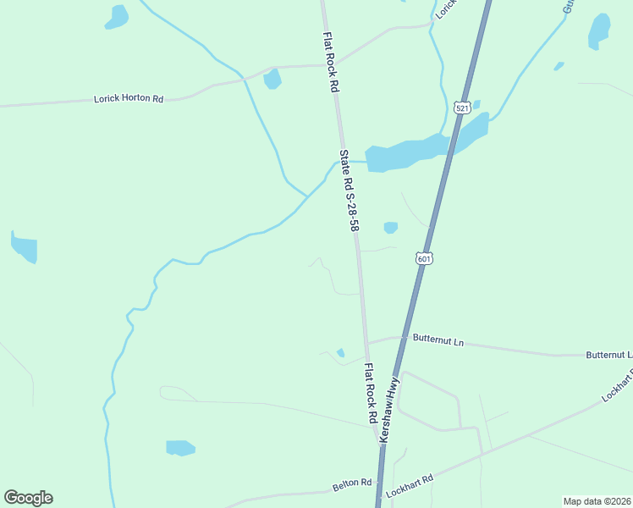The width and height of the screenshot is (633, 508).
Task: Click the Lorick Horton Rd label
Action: point(129,99)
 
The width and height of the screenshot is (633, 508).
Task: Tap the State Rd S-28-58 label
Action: point(349,191)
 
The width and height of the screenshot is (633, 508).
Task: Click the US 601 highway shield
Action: point(425,257)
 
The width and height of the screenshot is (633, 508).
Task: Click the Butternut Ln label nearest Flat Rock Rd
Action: point(438,340)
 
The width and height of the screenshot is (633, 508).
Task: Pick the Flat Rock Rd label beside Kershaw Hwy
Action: point(370,394)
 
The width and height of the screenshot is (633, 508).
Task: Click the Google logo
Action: point(28,498)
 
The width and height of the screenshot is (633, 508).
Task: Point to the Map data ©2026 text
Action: point(597,501)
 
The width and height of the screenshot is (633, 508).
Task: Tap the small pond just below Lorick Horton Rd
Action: point(272,80)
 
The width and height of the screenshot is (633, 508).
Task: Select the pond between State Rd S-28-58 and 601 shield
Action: point(390,227)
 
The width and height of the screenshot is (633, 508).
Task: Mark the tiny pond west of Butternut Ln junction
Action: point(340,353)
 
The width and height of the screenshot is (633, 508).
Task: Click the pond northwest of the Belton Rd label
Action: point(180,447)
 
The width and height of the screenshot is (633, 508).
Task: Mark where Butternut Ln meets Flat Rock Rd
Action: point(366,342)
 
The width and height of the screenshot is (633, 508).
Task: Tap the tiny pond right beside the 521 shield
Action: point(476,105)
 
